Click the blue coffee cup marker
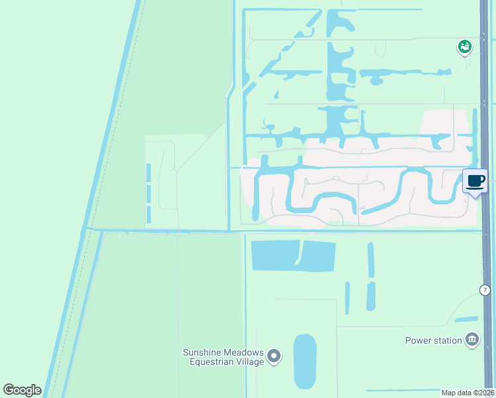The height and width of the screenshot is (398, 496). click(475, 182)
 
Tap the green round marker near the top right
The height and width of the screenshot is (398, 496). click(464, 46)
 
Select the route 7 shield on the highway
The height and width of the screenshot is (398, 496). click(485, 290)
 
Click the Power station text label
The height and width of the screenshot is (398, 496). click(434, 340)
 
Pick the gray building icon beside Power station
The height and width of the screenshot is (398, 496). click(472, 340)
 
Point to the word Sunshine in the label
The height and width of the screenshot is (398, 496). click(203, 352)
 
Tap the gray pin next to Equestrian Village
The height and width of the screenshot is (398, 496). click(275, 357)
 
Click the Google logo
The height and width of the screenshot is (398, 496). click(22, 390)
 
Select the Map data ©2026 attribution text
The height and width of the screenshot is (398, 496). click(467, 393)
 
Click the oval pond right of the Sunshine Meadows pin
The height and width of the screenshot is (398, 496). click(305, 361)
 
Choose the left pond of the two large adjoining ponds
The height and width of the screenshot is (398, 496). click(275, 255)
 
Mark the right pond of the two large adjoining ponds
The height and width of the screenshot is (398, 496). click(319, 256)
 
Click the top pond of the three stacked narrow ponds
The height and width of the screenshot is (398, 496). click(149, 172)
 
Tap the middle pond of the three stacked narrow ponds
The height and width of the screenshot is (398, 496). click(149, 194)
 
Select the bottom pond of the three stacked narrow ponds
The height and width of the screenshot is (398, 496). click(149, 214)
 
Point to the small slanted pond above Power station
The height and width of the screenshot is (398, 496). click(466, 319)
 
